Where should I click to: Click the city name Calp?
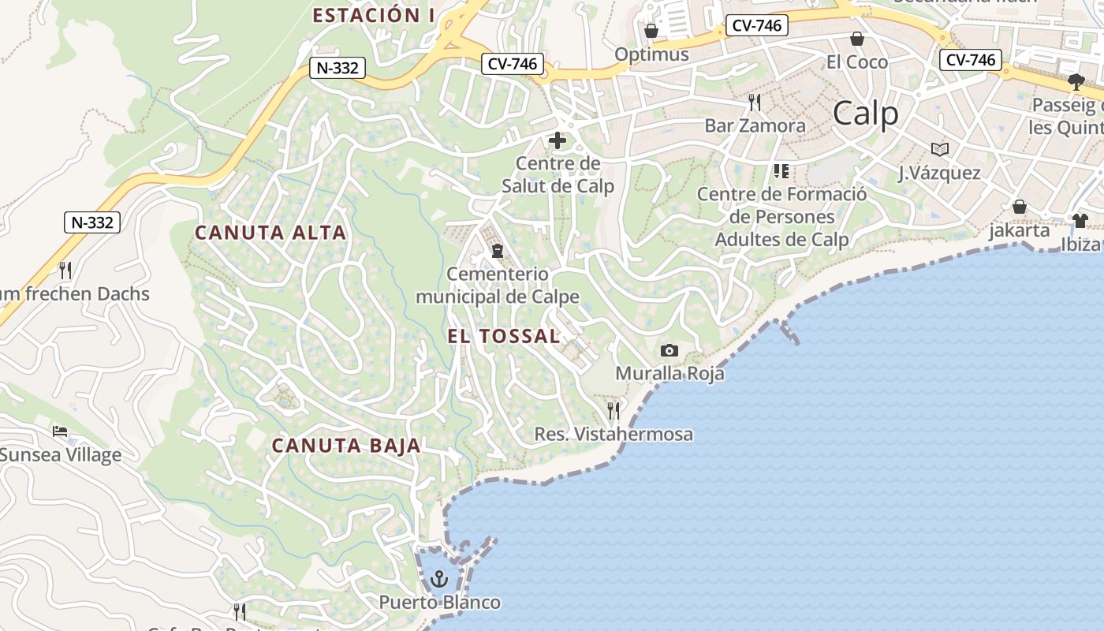[x=865, y=114]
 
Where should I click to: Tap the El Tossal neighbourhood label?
[x=503, y=336]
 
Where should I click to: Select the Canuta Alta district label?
[x=270, y=233]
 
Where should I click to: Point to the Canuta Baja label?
[x=346, y=446]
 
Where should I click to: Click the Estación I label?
[x=375, y=15]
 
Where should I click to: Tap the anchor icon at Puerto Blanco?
[x=439, y=580]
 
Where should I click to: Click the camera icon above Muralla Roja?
[x=669, y=350]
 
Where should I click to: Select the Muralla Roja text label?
[x=669, y=373]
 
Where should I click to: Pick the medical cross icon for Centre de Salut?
[x=558, y=141]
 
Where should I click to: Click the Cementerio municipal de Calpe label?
[x=497, y=286]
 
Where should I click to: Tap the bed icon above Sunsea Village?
[x=60, y=431]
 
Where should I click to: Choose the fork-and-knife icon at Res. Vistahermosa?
[x=614, y=411]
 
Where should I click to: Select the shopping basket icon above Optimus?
[x=651, y=31]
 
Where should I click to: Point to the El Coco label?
[x=856, y=62]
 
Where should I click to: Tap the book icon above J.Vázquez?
[x=939, y=149]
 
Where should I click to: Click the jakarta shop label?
[x=1020, y=230]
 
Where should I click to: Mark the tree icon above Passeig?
[x=1076, y=80]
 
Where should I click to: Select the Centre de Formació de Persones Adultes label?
[x=781, y=217]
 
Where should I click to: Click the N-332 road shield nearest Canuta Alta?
[x=92, y=222]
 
